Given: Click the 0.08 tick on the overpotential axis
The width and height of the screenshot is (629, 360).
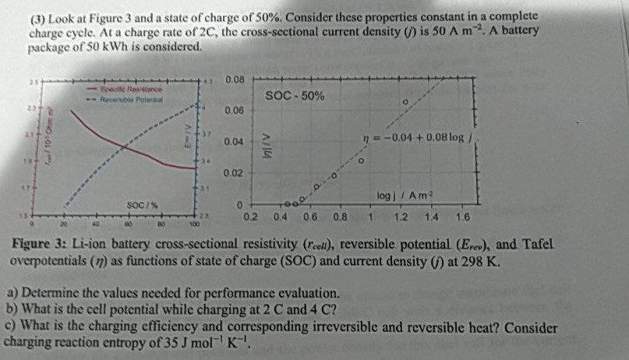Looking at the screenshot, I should click(x=233, y=79).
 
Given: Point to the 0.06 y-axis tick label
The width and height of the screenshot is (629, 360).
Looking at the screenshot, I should click(x=233, y=111).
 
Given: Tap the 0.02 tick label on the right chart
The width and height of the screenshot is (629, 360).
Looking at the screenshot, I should click(x=233, y=172).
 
